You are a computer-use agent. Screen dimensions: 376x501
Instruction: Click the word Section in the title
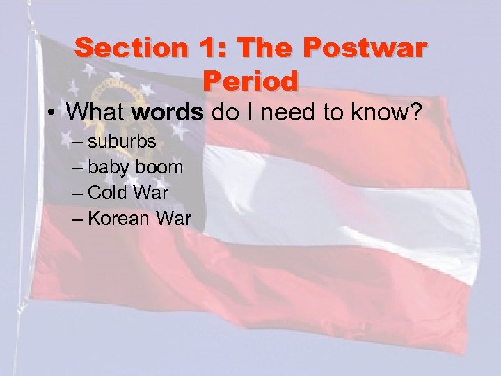(122, 48)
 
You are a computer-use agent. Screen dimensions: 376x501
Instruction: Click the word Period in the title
(250, 80)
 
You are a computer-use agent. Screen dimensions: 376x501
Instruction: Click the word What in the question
(102, 112)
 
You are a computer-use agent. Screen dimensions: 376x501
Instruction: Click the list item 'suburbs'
(122, 143)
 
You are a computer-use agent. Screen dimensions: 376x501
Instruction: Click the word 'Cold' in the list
(108, 193)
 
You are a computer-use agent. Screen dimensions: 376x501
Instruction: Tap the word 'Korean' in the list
(119, 218)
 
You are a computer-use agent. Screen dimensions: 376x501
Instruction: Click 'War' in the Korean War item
(173, 218)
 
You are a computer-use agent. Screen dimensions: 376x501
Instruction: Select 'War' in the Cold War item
(150, 193)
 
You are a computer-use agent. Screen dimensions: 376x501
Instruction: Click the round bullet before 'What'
(61, 113)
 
